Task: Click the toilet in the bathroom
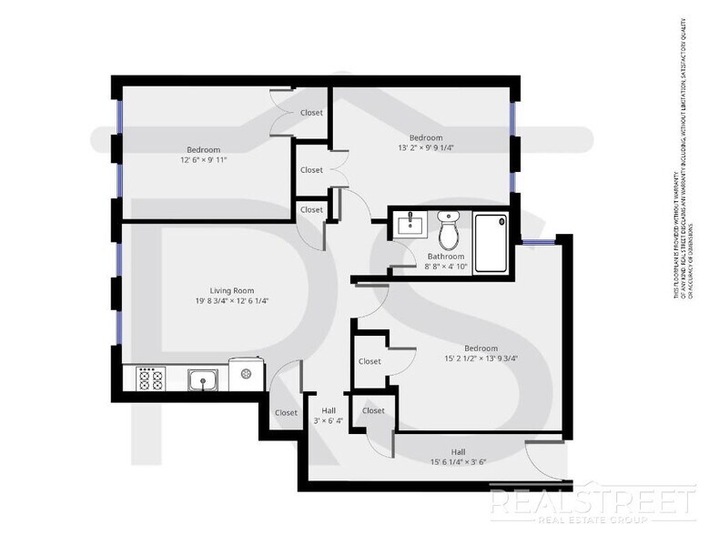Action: click(x=449, y=232)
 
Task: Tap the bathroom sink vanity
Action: click(x=411, y=224)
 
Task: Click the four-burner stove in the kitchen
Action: click(x=148, y=378)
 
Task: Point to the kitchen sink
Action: click(x=203, y=378)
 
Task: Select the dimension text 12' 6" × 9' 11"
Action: click(x=203, y=159)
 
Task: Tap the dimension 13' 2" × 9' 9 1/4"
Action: click(x=426, y=147)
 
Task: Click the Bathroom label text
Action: click(x=446, y=257)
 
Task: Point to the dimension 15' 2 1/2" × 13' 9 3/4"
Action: click(x=481, y=358)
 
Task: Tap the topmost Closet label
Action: click(x=311, y=113)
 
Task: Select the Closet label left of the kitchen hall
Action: click(x=286, y=412)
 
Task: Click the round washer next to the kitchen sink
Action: click(x=244, y=372)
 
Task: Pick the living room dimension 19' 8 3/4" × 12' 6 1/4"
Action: click(x=231, y=301)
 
